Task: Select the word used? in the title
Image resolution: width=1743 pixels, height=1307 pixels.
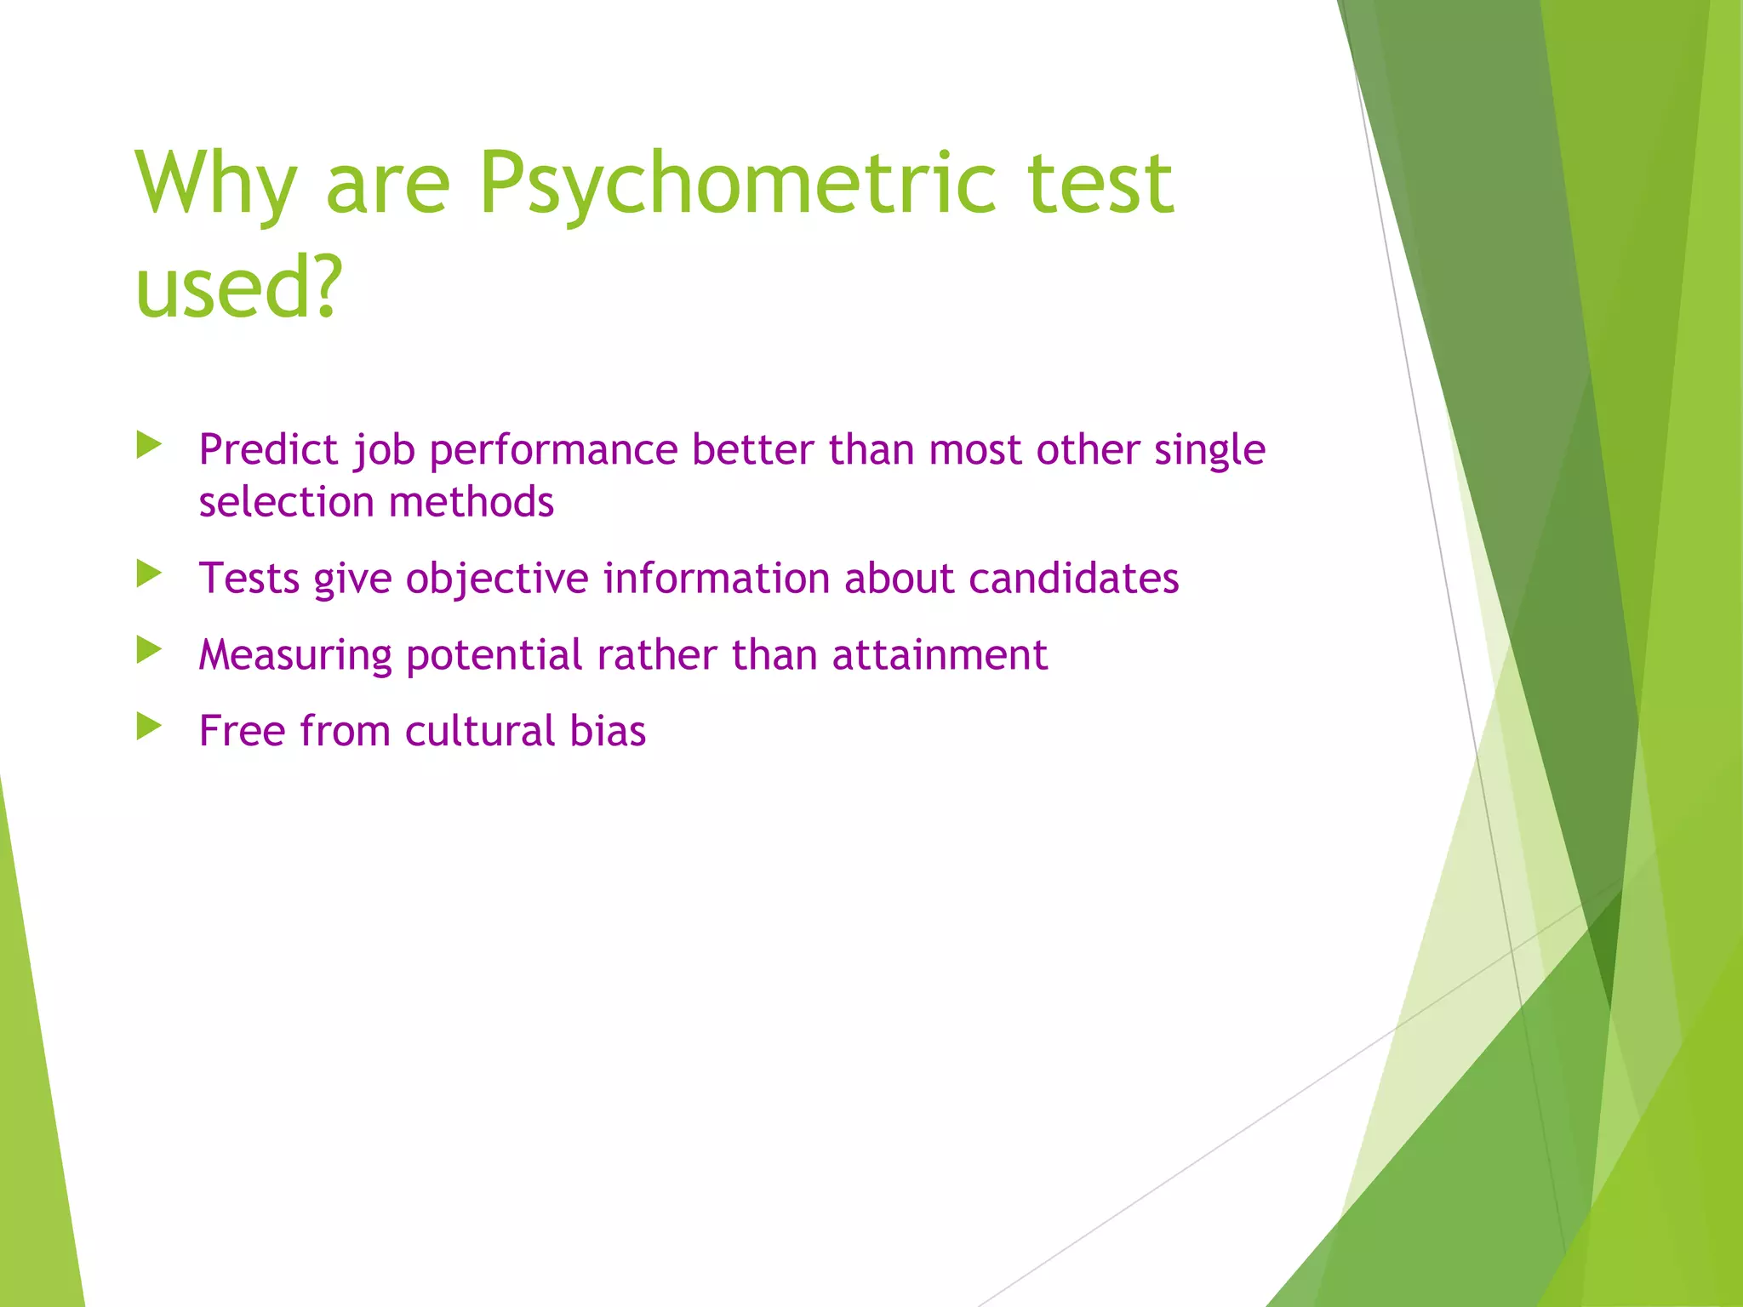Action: coord(238,287)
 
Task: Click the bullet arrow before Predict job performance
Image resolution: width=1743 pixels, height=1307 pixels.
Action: coord(149,444)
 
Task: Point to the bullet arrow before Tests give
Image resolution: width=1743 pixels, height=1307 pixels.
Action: coord(149,574)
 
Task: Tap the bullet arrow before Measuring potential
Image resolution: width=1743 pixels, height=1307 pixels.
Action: coord(149,650)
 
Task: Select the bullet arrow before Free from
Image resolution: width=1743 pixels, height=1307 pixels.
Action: coord(149,726)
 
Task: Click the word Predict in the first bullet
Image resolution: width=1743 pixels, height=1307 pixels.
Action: coord(268,450)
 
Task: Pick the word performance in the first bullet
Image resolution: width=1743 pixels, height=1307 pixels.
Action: coord(554,450)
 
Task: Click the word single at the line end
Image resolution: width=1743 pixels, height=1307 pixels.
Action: coord(1209,450)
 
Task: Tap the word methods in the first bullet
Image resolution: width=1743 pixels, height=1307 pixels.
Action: coord(471,502)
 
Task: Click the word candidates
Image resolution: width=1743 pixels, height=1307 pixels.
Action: coord(1073,579)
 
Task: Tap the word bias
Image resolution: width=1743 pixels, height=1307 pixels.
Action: coord(608,732)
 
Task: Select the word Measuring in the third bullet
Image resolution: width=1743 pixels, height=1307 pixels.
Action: coord(295,656)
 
